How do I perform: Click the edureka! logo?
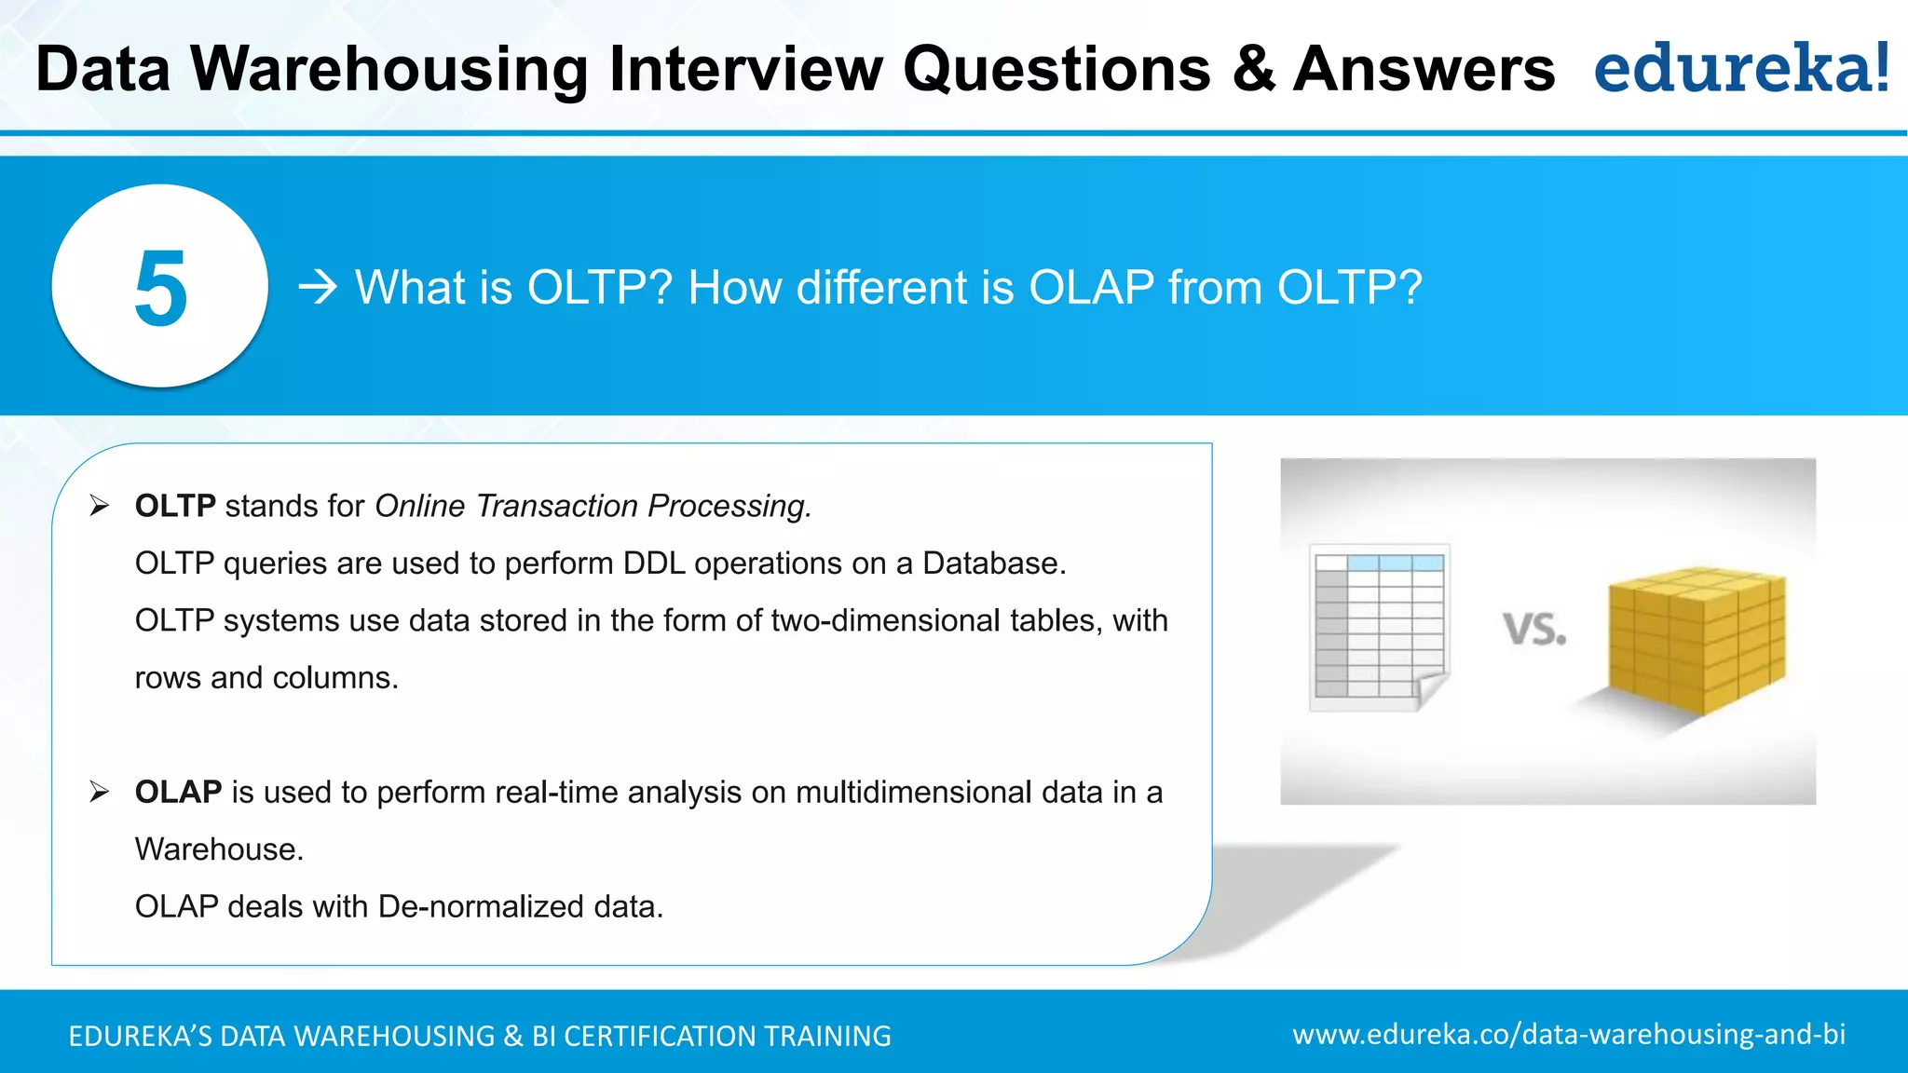(x=1741, y=69)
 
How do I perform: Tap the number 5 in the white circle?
(x=160, y=289)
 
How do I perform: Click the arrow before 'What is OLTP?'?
(x=318, y=288)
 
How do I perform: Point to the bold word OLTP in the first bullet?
(x=175, y=506)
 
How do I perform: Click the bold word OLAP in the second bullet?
(x=178, y=792)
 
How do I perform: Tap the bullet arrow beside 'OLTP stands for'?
(x=100, y=506)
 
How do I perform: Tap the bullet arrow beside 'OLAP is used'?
(x=100, y=792)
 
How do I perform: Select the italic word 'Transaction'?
(x=556, y=506)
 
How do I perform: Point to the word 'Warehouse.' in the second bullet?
(x=219, y=849)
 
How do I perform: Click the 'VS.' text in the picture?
(x=1534, y=631)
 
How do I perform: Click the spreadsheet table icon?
(x=1378, y=624)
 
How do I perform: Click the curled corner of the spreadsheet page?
(x=1430, y=690)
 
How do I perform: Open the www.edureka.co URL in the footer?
(x=1568, y=1035)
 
